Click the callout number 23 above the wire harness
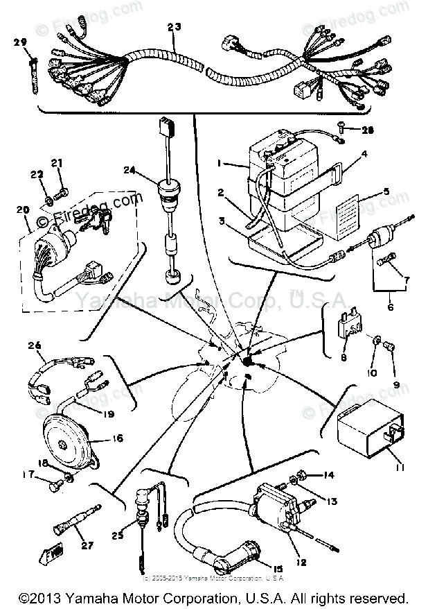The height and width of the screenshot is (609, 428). point(173,28)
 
